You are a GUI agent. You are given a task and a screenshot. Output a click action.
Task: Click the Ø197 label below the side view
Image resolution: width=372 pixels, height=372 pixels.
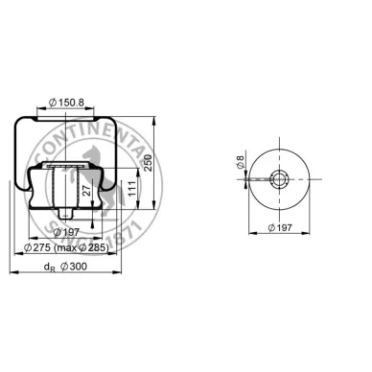(x=67, y=232)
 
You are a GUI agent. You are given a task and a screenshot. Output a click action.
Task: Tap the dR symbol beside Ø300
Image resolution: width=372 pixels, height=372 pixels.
(x=46, y=269)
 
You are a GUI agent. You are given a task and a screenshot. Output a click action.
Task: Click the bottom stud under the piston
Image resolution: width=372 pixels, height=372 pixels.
(x=67, y=212)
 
